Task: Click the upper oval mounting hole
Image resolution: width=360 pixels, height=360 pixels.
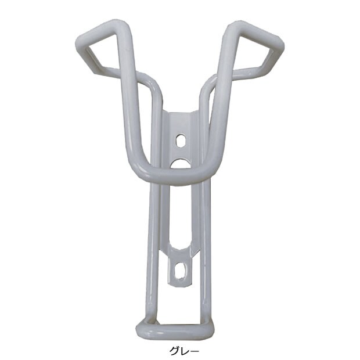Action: [181, 141]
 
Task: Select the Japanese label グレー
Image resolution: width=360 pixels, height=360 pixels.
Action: [184, 351]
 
